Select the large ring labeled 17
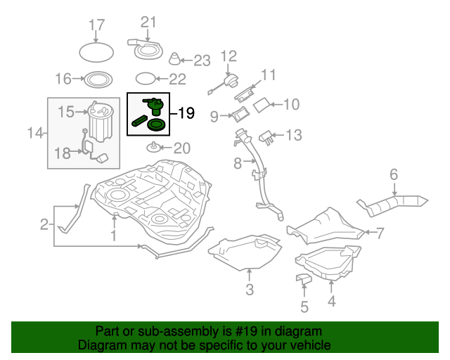tap(96, 52)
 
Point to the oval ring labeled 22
tap(144, 79)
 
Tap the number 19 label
tap(186, 112)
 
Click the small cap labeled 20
tap(153, 148)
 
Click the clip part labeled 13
tap(266, 136)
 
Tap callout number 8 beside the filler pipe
tap(238, 163)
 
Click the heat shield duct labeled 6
tap(394, 205)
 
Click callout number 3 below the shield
tap(249, 290)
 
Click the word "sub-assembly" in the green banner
tap(164, 331)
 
